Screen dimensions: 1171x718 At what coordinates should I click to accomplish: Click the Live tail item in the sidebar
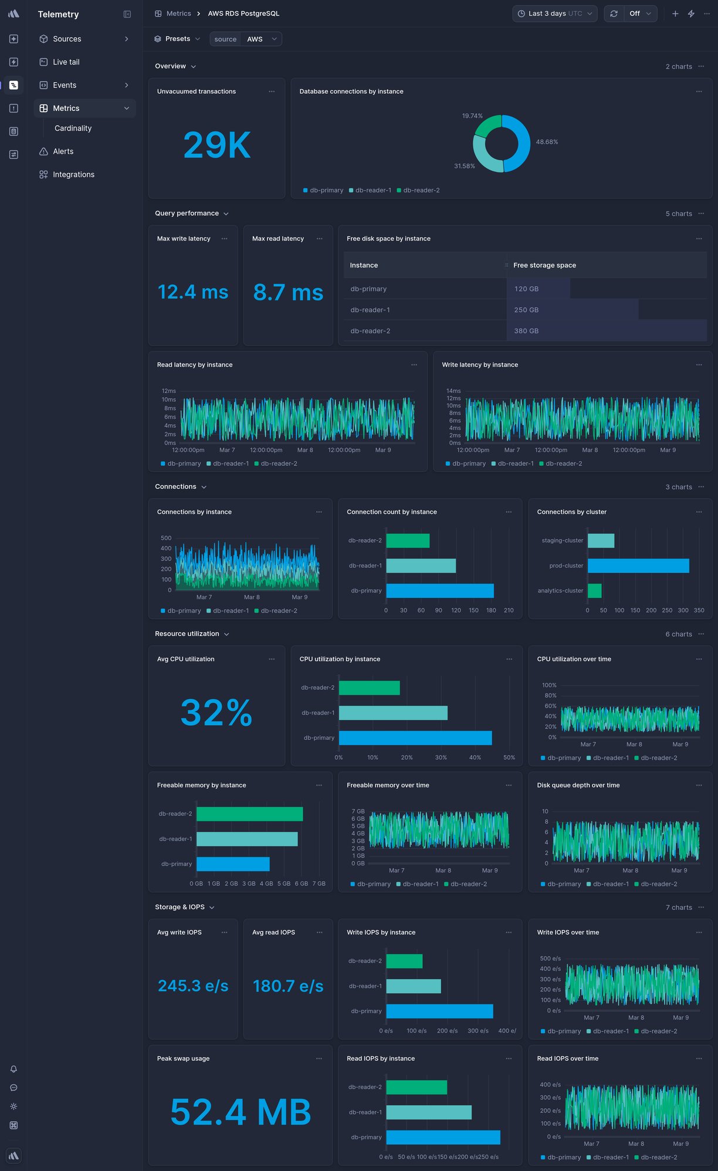click(66, 62)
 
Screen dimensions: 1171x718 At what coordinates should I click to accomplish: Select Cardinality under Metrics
click(73, 128)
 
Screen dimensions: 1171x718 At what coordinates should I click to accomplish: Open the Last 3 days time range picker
click(554, 13)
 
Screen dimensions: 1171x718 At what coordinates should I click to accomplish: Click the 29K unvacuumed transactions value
click(216, 145)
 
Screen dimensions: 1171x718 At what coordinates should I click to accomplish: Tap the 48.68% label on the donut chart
click(547, 142)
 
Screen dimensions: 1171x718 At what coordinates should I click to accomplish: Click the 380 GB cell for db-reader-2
click(526, 331)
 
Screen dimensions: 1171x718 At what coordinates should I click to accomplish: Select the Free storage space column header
click(544, 265)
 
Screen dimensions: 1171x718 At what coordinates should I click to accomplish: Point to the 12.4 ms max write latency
click(193, 292)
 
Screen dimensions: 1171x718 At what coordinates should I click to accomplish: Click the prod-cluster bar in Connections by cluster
click(638, 566)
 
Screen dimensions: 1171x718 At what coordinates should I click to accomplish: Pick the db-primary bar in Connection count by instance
click(439, 591)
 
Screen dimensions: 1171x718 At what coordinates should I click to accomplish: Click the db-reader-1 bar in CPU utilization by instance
click(393, 713)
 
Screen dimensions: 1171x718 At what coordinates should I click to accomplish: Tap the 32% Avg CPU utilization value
click(216, 713)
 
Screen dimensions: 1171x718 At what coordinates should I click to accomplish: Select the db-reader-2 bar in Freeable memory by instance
click(249, 814)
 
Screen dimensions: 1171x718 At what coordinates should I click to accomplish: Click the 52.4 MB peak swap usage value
click(241, 1112)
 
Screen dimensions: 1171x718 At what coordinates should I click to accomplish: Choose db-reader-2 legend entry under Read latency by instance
click(276, 463)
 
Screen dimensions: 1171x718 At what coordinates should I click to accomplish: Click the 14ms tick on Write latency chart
click(453, 391)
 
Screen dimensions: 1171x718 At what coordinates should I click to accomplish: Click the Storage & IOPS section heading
click(179, 907)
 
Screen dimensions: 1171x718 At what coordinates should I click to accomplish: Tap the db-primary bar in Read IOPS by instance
click(443, 1137)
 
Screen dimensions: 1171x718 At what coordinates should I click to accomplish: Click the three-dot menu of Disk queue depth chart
click(699, 785)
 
